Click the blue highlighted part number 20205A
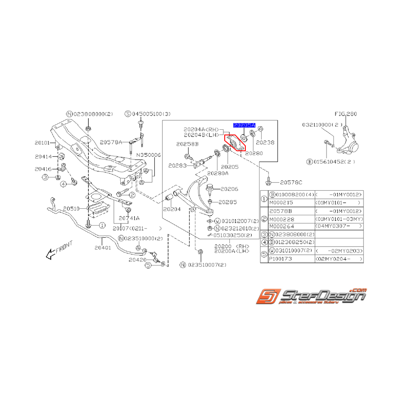[244, 125]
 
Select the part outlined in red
[234, 143]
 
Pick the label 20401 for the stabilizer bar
[103, 247]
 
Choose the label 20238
[265, 142]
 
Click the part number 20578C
[292, 183]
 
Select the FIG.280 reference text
[346, 114]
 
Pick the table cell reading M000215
[280, 202]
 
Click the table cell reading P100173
[280, 260]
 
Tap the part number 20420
[141, 260]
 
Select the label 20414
[43, 157]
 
